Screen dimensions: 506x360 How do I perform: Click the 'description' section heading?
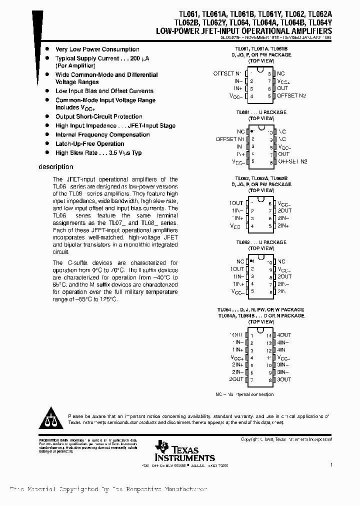point(56,167)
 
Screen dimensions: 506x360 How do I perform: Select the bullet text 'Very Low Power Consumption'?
point(97,49)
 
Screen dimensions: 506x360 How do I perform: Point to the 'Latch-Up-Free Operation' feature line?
point(89,144)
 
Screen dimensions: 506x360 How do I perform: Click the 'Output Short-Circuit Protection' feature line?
point(99,117)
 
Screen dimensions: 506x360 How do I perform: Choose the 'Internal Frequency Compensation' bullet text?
point(102,135)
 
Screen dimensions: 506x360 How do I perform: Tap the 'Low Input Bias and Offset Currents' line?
point(104,91)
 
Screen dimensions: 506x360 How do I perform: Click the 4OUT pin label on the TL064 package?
point(283,335)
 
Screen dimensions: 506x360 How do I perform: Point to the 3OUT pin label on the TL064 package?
point(283,379)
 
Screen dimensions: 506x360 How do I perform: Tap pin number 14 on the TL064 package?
point(268,335)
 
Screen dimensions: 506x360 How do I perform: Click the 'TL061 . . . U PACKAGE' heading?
point(261,112)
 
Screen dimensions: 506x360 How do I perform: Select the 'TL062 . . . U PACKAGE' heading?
point(261,242)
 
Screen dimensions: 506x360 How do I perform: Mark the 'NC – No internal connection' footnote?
point(244,394)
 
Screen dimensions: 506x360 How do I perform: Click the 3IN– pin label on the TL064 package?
point(283,372)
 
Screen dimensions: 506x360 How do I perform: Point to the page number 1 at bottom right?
point(331,465)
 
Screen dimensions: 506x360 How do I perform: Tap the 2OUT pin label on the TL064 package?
point(236,379)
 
